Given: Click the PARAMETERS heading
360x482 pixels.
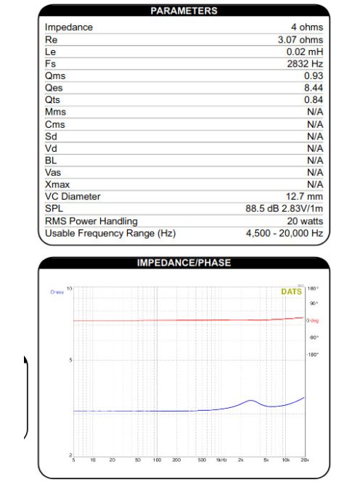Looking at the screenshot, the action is click(183, 11).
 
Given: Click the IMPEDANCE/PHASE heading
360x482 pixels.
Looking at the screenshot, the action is click(183, 263).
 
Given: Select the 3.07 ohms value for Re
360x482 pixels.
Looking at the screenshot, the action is click(300, 39).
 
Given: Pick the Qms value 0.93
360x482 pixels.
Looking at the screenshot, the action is click(314, 75).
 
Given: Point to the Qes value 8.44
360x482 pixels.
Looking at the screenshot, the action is click(314, 88).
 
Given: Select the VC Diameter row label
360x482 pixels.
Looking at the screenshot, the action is click(73, 196).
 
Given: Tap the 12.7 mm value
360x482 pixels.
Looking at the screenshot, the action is click(305, 196).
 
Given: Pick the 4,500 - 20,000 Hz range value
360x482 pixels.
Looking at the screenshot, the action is click(285, 233).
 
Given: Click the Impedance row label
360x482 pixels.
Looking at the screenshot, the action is click(69, 27).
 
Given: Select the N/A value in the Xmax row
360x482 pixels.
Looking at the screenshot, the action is click(315, 184).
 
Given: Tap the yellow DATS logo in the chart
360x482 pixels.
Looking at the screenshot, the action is click(291, 292).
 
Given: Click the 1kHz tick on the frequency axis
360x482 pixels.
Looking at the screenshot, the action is click(221, 460).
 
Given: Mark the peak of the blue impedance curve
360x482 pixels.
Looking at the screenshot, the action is click(250, 400).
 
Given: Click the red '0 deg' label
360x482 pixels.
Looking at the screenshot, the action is click(314, 320).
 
